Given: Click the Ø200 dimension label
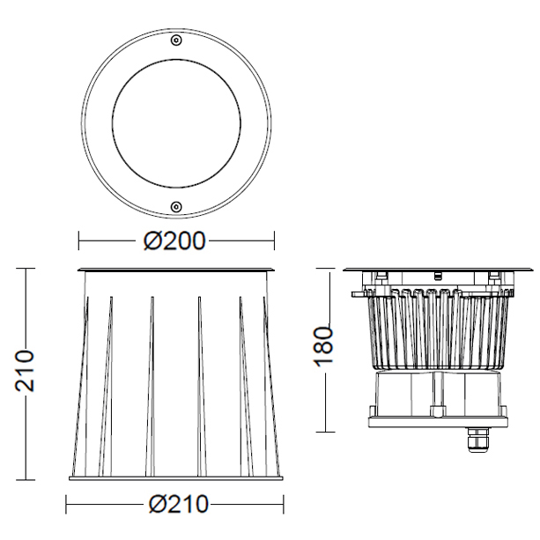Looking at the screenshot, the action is point(174,240).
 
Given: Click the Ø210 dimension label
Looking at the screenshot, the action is point(179,504).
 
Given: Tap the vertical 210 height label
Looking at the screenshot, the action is point(25,371).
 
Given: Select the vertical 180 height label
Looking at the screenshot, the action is point(323,346).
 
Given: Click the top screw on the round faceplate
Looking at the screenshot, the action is point(176,41).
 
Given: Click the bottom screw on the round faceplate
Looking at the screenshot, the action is point(176,207).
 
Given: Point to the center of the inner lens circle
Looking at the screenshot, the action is point(176,123).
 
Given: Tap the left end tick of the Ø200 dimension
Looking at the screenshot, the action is point(79,240).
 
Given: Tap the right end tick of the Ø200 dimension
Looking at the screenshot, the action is point(274,240).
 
